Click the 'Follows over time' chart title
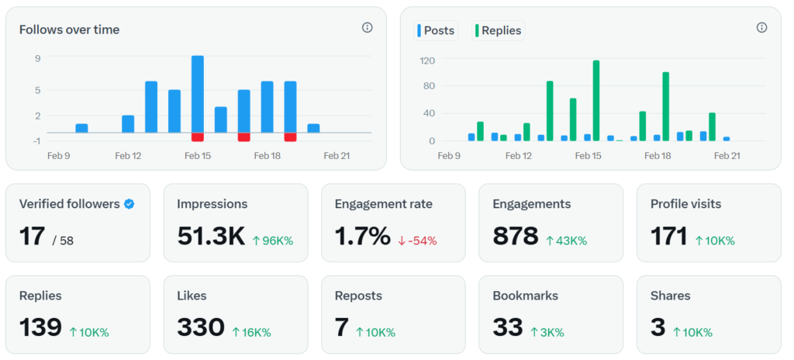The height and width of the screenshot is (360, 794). pyautogui.click(x=69, y=29)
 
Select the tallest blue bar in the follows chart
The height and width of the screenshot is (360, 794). pyautogui.click(x=198, y=94)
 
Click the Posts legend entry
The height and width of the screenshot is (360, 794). pyautogui.click(x=436, y=30)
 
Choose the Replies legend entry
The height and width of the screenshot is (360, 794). pyautogui.click(x=498, y=30)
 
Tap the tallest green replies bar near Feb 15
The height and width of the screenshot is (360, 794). pyautogui.click(x=596, y=101)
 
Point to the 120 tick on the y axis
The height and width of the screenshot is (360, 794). pyautogui.click(x=426, y=61)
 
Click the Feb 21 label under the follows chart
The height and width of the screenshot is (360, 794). pyautogui.click(x=337, y=155)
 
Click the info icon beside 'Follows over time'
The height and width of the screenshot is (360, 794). pyautogui.click(x=368, y=28)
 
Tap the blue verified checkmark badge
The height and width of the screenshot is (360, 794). pyautogui.click(x=129, y=204)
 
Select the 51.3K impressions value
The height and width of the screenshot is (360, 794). pyautogui.click(x=211, y=236)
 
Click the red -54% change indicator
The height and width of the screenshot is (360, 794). pyautogui.click(x=418, y=241)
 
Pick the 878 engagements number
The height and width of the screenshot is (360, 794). pyautogui.click(x=515, y=236)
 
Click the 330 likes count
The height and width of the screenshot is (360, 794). pyautogui.click(x=201, y=327)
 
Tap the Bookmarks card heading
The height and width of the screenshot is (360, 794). pyautogui.click(x=525, y=296)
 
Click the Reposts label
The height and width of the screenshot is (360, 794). pyautogui.click(x=358, y=296)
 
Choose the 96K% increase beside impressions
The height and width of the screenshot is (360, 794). pyautogui.click(x=273, y=241)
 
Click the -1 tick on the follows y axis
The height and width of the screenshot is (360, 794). pyautogui.click(x=36, y=140)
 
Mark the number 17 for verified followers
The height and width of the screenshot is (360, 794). pyautogui.click(x=32, y=236)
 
